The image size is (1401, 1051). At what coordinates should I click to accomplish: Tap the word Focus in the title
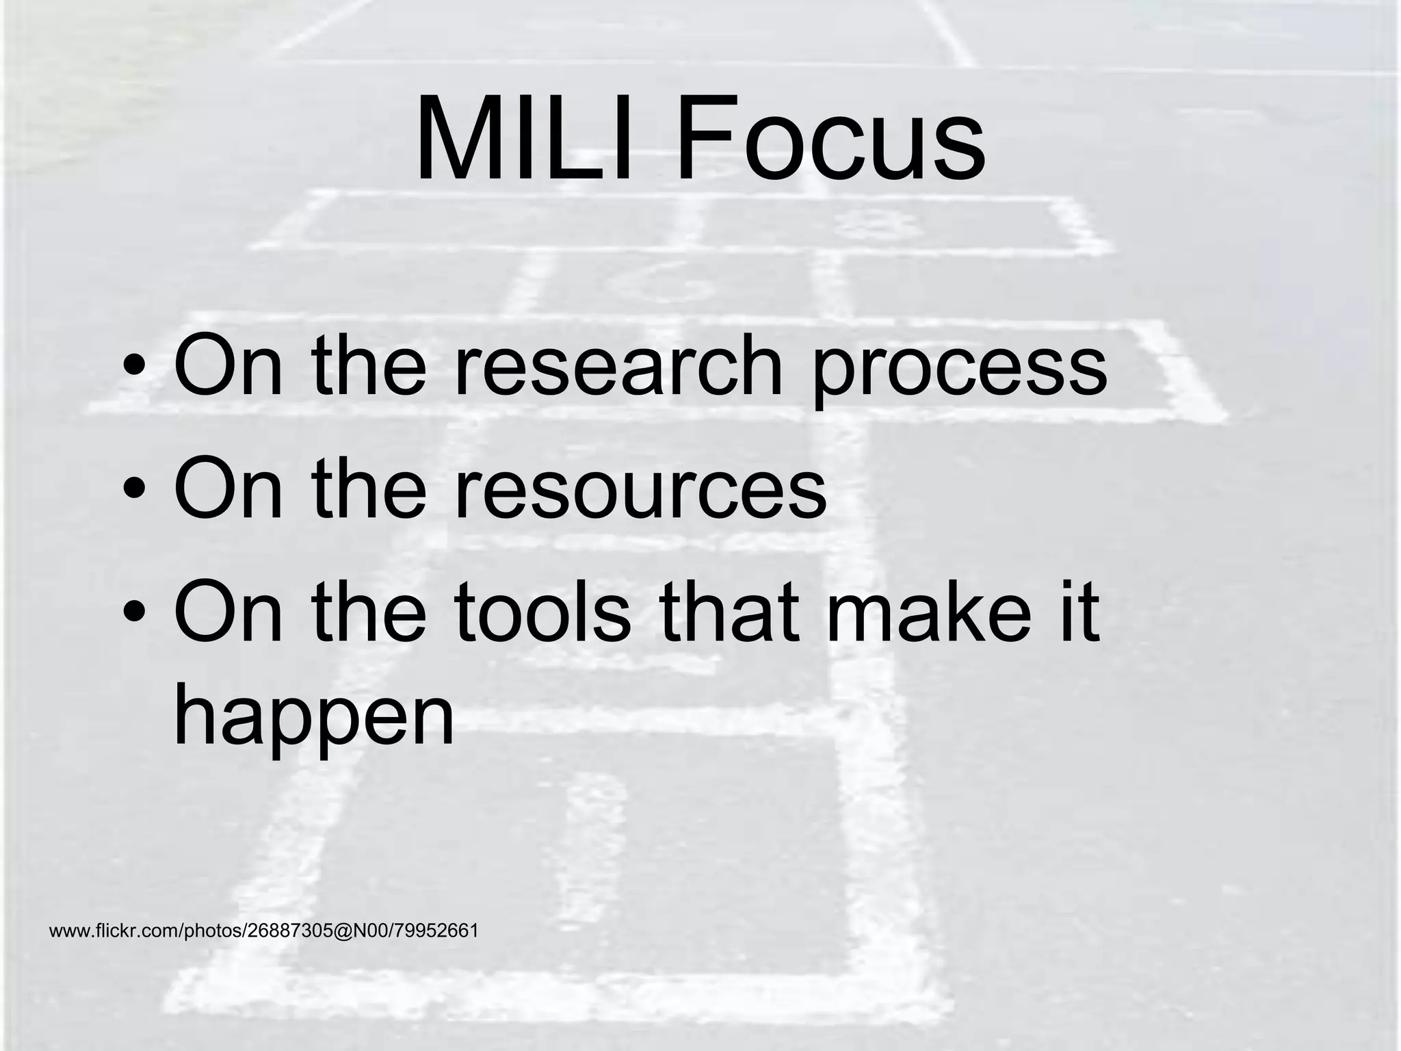830,140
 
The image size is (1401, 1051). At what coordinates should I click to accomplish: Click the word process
958,369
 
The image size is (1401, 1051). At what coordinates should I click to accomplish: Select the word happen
314,718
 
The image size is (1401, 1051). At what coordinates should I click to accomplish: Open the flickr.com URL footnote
263,931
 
